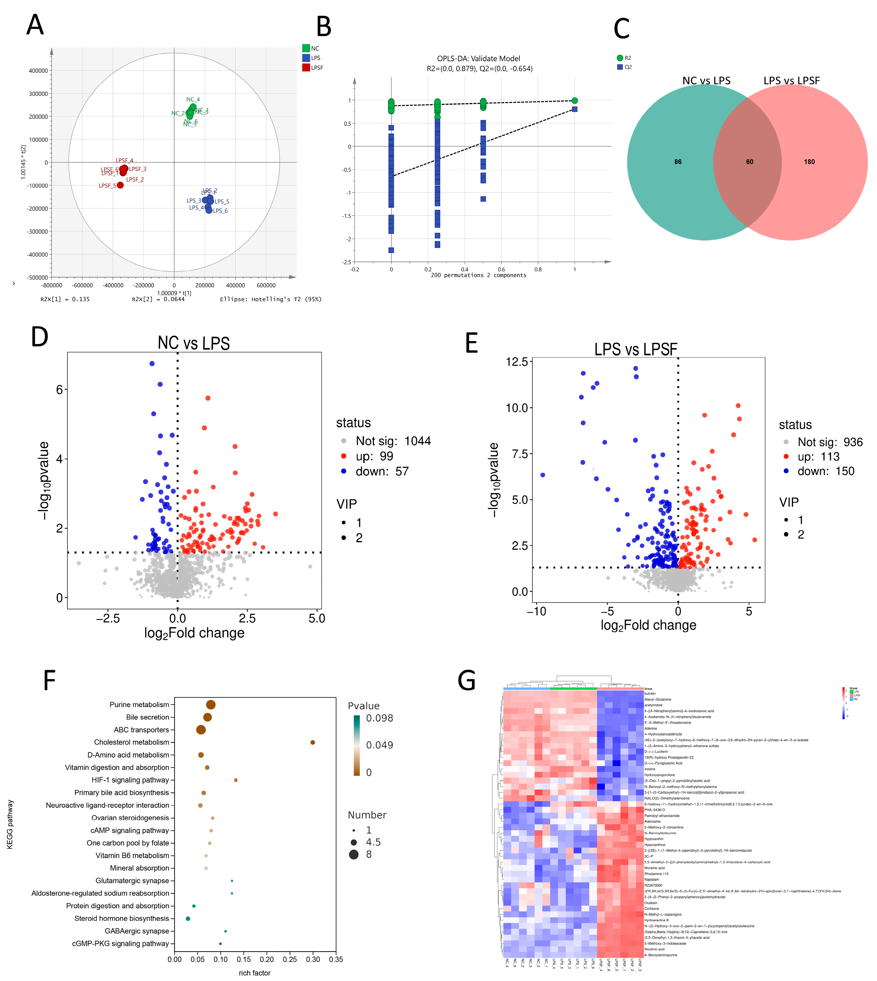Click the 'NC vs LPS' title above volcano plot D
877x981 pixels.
[194, 343]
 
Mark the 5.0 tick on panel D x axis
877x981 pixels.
[317, 619]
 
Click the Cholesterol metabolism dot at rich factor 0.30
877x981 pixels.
[313, 742]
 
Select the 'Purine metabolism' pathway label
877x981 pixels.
[139, 705]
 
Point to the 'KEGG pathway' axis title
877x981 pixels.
[10, 824]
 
